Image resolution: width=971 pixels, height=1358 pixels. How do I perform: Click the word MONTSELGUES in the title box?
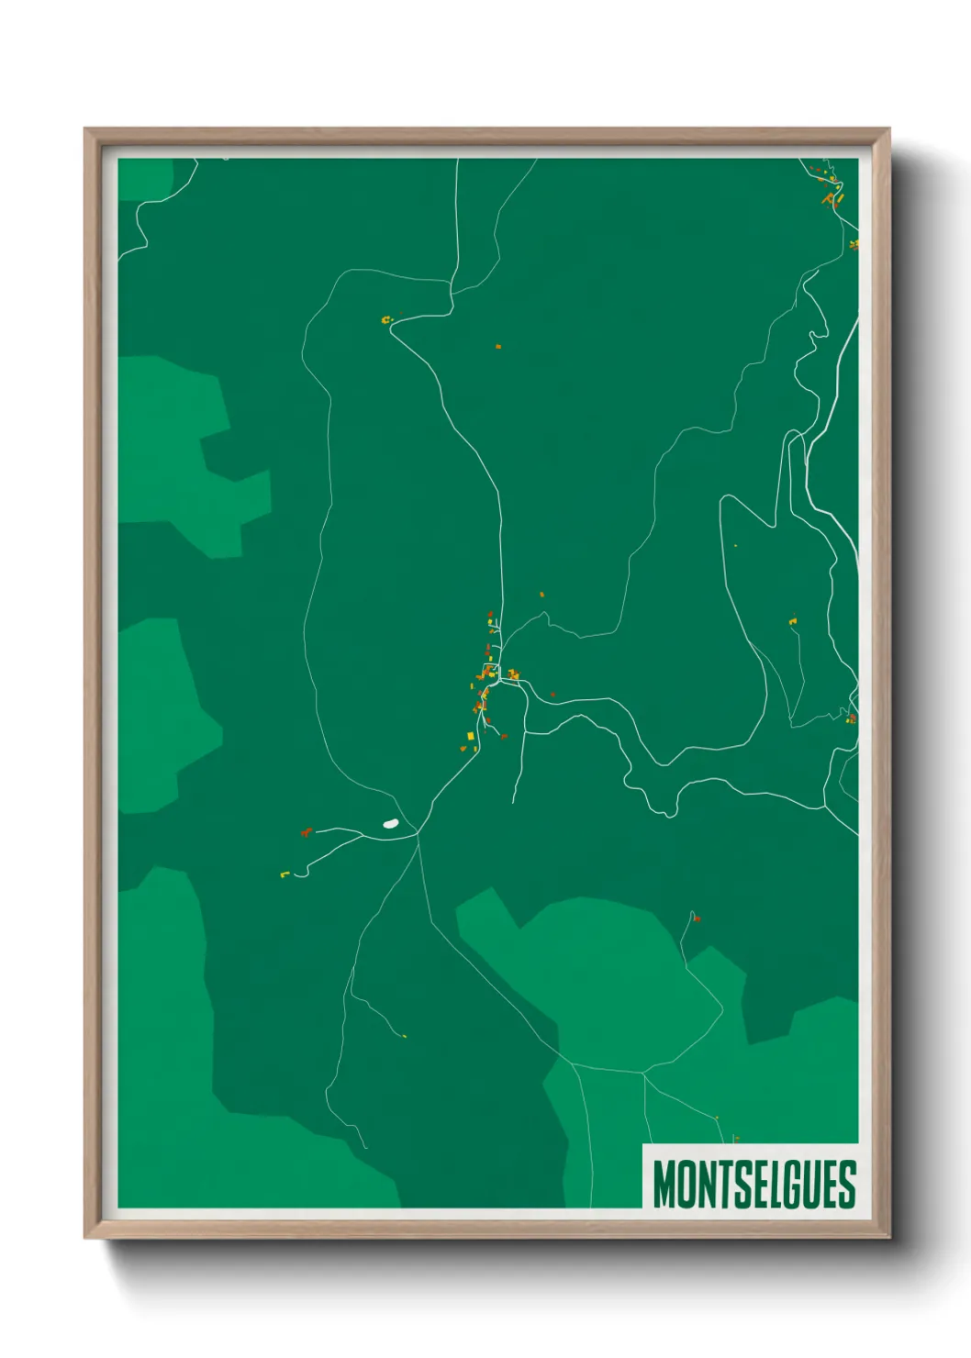pos(753,1185)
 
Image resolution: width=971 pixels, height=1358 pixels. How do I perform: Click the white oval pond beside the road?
pos(390,824)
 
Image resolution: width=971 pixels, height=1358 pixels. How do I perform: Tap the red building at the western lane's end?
pos(306,832)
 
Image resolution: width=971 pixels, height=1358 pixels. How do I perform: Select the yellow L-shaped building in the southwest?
pos(285,874)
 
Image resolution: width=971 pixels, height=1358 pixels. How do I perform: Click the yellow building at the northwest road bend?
pos(386,320)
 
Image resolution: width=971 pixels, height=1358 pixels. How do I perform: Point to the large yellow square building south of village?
pos(471,736)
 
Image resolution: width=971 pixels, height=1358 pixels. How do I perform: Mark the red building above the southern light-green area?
pos(697,918)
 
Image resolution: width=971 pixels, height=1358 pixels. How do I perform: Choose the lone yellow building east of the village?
pos(793,622)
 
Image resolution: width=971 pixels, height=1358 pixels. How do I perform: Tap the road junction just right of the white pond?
pos(419,833)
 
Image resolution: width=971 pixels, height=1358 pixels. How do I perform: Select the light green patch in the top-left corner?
pos(145,179)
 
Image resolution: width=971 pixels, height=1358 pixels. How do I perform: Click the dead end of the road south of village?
pos(513,803)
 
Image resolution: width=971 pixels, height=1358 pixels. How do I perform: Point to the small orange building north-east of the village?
pos(541,595)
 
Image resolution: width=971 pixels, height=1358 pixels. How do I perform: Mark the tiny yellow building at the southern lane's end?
pos(404,1037)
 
